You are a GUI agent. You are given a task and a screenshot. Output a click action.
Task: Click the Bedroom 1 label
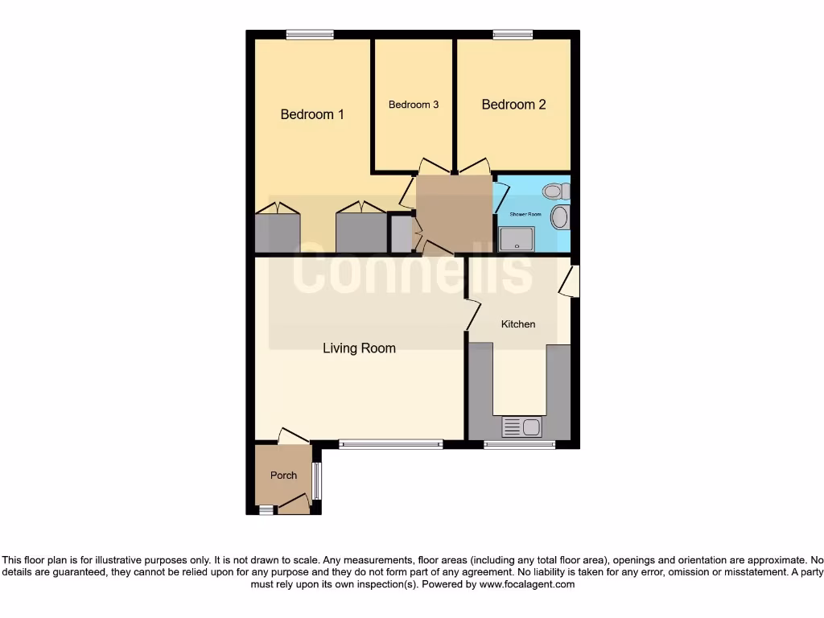pos(312,114)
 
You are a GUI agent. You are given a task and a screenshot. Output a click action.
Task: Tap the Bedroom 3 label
pos(414,105)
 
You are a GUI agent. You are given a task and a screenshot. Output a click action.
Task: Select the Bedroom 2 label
pos(513,105)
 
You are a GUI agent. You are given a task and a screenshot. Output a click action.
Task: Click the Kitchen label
pos(518,324)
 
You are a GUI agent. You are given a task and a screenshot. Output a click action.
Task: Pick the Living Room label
pos(359,348)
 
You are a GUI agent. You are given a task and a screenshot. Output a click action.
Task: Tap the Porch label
pos(283,476)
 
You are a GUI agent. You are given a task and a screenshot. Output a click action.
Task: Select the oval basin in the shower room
pos(559,216)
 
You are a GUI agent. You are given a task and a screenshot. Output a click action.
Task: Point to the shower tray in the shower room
pos(516,239)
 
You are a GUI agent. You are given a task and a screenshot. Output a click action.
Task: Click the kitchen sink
pos(521,427)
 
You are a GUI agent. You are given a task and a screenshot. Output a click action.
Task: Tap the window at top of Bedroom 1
pos(310,35)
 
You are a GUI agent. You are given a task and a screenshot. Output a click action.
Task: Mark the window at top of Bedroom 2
pos(513,35)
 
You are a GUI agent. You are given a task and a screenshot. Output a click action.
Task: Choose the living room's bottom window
pos(390,443)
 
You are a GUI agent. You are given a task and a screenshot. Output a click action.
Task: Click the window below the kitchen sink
pos(519,444)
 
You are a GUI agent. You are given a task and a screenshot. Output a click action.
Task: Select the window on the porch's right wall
pos(316,480)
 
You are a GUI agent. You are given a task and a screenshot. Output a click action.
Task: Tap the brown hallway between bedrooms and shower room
pos(454,213)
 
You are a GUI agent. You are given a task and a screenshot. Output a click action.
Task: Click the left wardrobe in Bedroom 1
pos(278,233)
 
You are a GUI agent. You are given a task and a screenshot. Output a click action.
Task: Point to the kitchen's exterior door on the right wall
pos(571,282)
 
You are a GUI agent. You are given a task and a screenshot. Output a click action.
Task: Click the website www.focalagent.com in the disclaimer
pos(527,585)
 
